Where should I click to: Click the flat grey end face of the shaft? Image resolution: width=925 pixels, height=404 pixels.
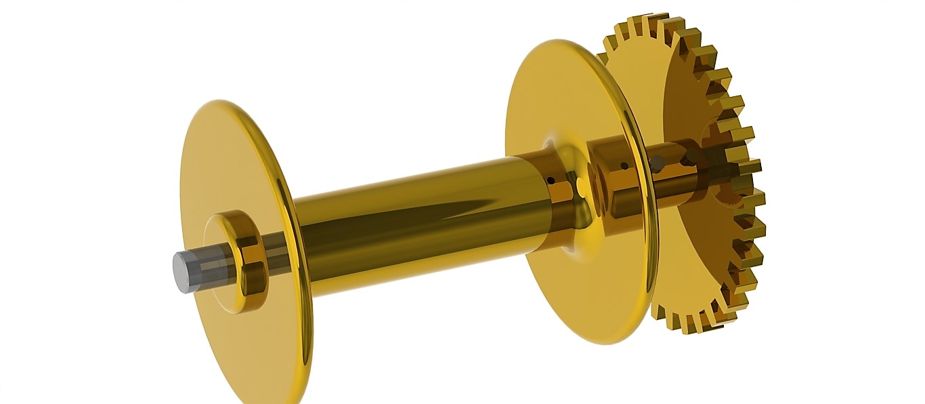(x=181, y=272)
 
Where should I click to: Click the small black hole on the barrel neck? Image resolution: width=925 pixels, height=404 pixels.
(x=553, y=180)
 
